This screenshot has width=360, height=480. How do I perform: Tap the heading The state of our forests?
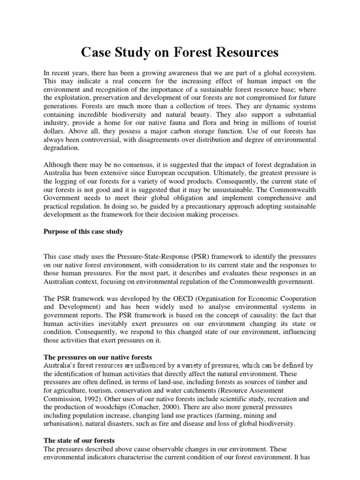tap(79, 441)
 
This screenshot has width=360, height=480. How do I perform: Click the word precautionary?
tap(153, 206)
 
